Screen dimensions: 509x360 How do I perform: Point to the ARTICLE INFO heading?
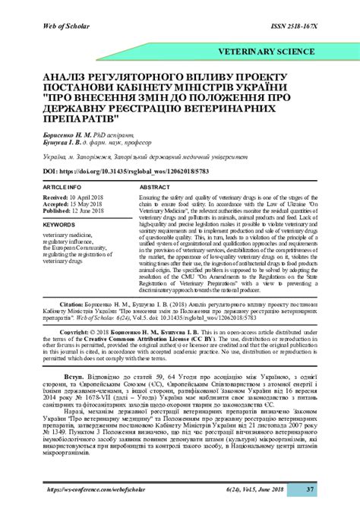pyautogui.click(x=62, y=186)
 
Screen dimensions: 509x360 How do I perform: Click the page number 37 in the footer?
pyautogui.click(x=311, y=489)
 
